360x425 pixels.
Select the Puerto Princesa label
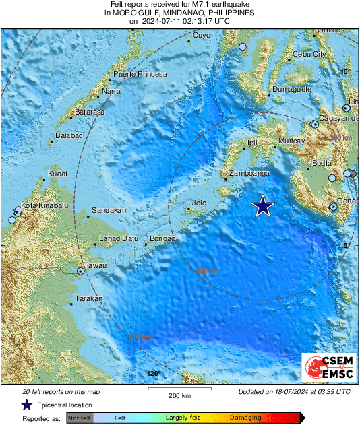[140, 74]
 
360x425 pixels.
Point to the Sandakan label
[109, 211]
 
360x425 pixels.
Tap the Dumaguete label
[292, 89]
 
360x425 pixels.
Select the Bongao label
[162, 239]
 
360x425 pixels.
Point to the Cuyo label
[202, 35]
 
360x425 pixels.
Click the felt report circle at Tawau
[81, 271]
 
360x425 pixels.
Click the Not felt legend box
[80, 418]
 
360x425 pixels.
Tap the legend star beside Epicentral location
[26, 405]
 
